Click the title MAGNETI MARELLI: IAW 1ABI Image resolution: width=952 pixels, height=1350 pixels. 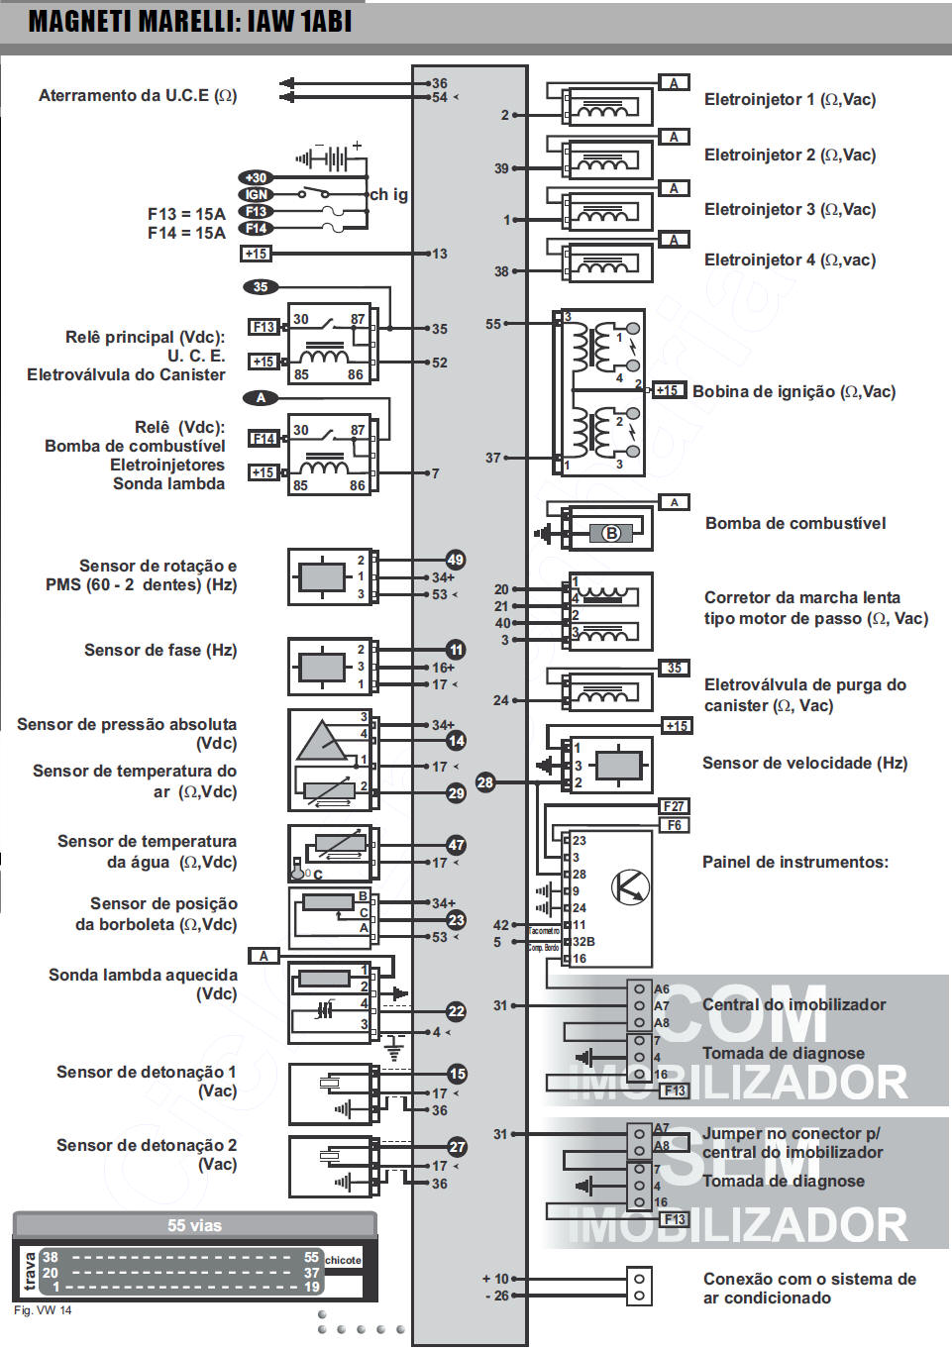pos(189,21)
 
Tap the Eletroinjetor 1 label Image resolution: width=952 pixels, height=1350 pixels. pos(790,99)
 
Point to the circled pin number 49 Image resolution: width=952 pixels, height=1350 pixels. pos(455,560)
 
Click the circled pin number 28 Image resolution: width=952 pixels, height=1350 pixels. pos(484,782)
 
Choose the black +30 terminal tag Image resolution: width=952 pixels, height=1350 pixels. pos(256,178)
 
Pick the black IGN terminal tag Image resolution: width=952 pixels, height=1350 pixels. pos(256,195)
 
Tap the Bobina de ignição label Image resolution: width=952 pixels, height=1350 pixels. pos(793,391)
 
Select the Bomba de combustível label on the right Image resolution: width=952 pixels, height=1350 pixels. pos(794,523)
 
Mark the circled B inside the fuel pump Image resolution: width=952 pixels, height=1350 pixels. pos(611,533)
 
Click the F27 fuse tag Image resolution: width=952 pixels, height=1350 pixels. pos(675,806)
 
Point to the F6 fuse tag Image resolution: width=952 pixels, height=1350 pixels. pos(675,825)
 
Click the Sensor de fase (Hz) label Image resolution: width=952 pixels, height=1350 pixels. pos(160,650)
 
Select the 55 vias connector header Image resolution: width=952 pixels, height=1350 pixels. pos(194,1225)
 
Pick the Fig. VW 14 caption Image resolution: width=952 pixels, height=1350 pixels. pos(43,1310)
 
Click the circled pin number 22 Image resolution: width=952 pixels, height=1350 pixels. pos(456,1011)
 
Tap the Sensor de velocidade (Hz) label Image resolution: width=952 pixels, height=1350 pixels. pos(804,763)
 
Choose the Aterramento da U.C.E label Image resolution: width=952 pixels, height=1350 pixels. pos(138,95)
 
